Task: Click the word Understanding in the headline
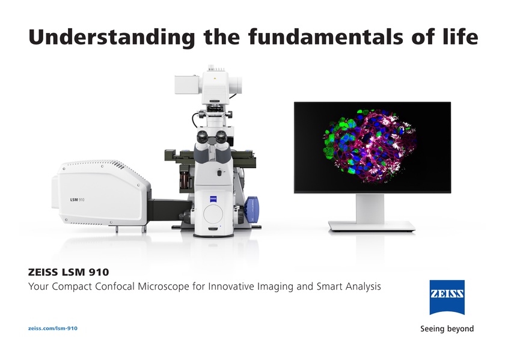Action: coord(112,37)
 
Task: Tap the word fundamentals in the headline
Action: coord(326,37)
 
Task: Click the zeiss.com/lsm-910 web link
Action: coord(53,328)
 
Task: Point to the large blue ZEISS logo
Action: coord(447,297)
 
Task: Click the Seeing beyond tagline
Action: coord(447,329)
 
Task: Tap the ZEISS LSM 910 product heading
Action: coord(69,272)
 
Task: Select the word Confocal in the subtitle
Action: coord(114,286)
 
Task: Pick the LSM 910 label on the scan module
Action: coord(78,200)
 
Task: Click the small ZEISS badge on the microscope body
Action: coord(213,199)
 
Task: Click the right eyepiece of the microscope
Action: coord(221,136)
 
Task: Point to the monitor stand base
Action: coord(372,227)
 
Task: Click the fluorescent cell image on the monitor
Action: coord(369,147)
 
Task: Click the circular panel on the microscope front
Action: coord(213,213)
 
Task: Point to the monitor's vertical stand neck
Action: coord(370,208)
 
